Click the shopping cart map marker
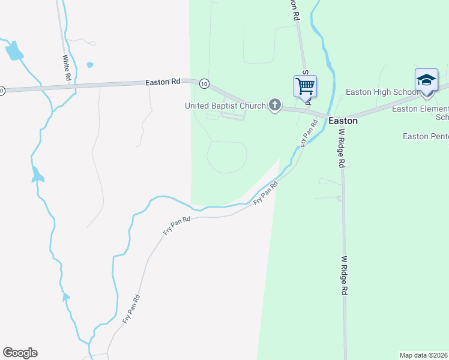point(305,86)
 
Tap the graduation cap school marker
point(426,80)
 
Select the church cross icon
point(275,106)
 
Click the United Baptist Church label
point(225,106)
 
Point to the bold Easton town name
point(343,121)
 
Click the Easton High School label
point(382,92)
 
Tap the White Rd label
point(67,68)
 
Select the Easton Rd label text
point(163,82)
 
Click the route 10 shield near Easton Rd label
point(205,83)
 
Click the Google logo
point(20,353)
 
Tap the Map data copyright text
point(424,355)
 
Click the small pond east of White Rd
point(90,65)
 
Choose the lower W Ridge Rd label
point(345,275)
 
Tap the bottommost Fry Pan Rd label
point(131,309)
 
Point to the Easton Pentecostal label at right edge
point(426,137)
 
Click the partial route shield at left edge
point(2,91)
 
